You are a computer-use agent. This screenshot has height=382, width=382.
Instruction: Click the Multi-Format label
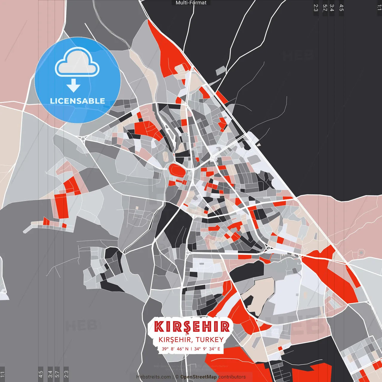pyautogui.click(x=191, y=3)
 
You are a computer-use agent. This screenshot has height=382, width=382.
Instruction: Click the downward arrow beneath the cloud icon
pyautogui.click(x=73, y=86)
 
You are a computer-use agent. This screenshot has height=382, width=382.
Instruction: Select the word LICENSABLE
pyautogui.click(x=78, y=101)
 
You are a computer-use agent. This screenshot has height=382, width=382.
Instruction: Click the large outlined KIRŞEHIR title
pyautogui.click(x=192, y=327)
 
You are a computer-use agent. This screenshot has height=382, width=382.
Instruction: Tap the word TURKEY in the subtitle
pyautogui.click(x=210, y=340)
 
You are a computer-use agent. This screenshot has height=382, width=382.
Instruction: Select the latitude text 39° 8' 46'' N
pyautogui.click(x=175, y=349)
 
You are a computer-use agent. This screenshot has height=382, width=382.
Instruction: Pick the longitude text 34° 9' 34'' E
pyautogui.click(x=207, y=349)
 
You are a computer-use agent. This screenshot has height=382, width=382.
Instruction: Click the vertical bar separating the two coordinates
pyautogui.click(x=191, y=349)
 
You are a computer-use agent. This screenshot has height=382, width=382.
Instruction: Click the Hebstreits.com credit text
pyautogui.click(x=154, y=377)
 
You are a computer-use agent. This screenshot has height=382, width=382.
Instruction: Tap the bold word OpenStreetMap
pyautogui.click(x=198, y=377)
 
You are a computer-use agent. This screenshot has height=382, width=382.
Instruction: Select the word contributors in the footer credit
pyautogui.click(x=232, y=377)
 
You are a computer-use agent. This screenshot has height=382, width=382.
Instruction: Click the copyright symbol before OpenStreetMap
pyautogui.click(x=177, y=377)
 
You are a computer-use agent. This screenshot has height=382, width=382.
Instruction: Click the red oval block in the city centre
pyautogui.click(x=177, y=170)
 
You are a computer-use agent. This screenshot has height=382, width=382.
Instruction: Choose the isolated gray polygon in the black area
pyautogui.click(x=221, y=71)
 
